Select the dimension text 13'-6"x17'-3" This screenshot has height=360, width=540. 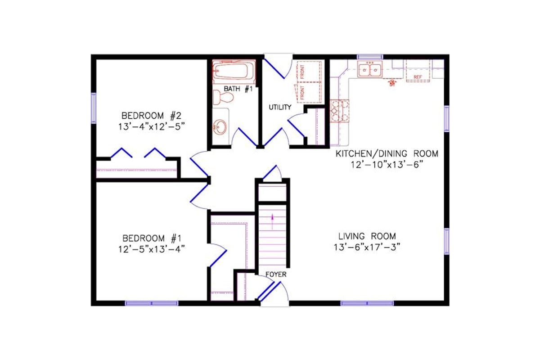[367, 247]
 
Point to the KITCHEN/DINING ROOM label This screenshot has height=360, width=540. [387, 154]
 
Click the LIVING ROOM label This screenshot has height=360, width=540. [367, 236]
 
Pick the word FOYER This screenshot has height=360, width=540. [276, 274]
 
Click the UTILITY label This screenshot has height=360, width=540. [280, 107]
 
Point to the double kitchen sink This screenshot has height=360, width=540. [370, 70]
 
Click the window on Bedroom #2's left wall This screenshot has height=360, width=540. [94, 108]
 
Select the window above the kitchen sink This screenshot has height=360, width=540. [370, 57]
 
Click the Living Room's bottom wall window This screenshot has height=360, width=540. [367, 303]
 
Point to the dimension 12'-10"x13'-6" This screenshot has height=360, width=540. [387, 165]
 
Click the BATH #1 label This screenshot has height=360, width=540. [238, 89]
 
